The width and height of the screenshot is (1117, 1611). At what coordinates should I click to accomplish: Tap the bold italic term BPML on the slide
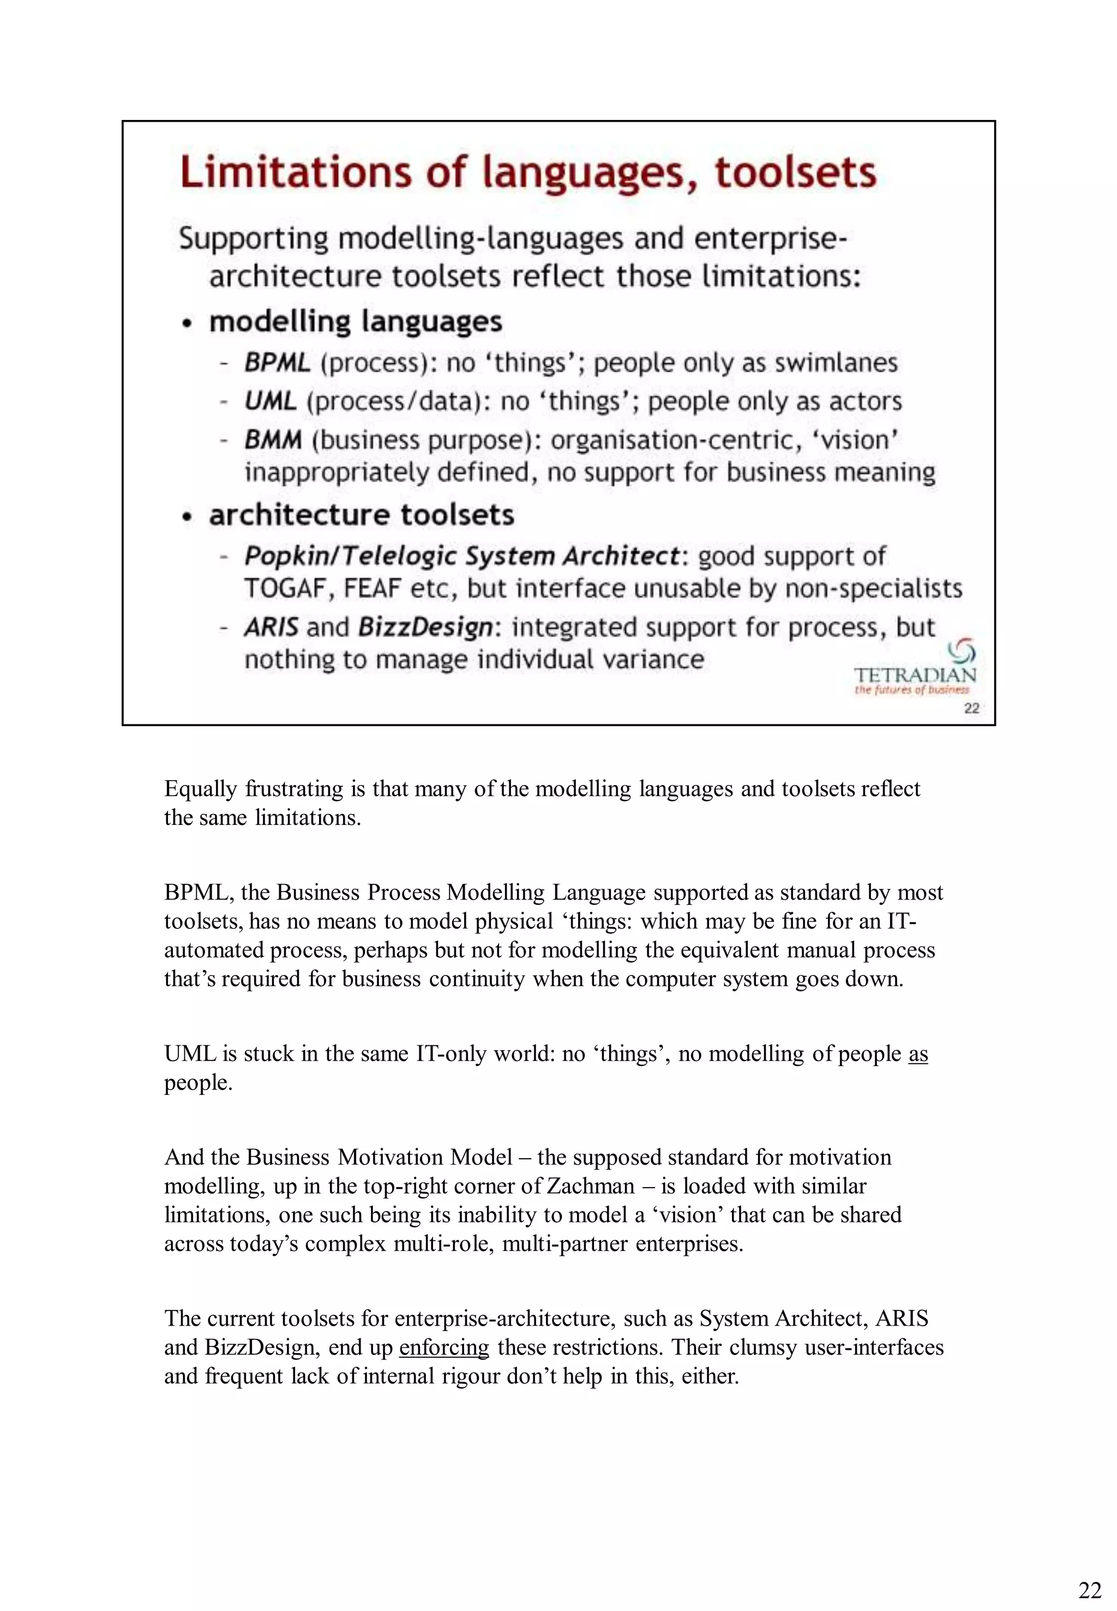coord(277,363)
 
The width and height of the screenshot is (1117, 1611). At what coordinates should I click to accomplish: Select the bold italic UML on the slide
coord(270,401)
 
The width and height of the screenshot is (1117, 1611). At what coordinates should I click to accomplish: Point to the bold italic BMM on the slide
coord(273,440)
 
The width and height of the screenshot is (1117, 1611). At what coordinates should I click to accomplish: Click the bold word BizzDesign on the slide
coord(425,627)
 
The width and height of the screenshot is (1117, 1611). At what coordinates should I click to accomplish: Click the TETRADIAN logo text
coord(914,674)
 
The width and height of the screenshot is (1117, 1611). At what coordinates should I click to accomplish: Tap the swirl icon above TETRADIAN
coord(962,652)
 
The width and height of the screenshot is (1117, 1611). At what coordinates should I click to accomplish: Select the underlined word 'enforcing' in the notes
coord(444,1346)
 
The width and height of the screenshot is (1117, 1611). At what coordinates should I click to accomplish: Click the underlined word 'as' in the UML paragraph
coord(917,1053)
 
